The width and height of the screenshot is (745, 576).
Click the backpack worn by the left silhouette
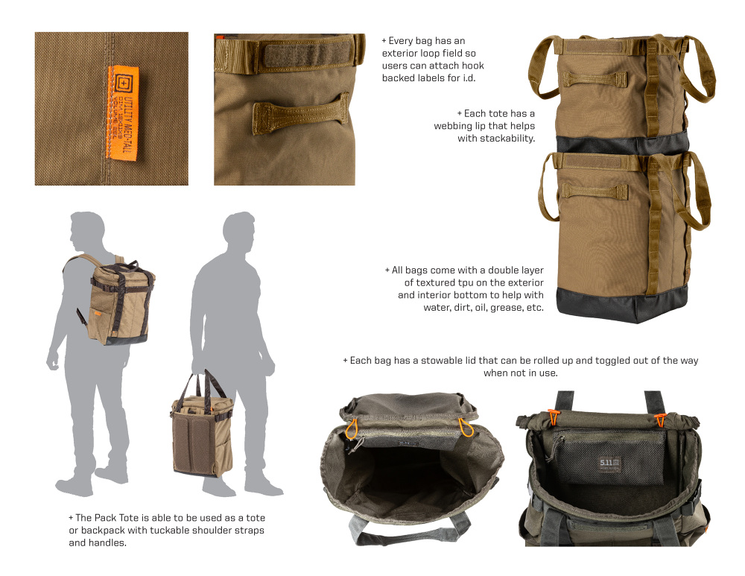click(120, 298)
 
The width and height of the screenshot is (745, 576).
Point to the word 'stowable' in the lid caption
click(440, 361)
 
